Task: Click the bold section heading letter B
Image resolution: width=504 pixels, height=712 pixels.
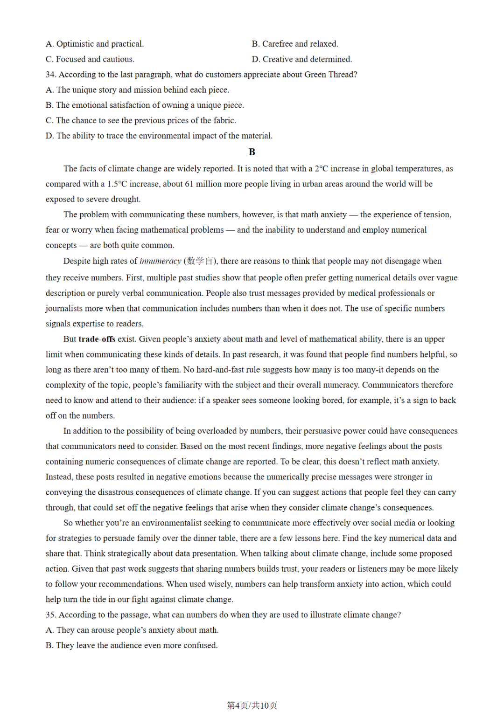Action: [x=252, y=152]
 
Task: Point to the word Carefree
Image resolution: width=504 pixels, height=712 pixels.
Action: [x=277, y=44]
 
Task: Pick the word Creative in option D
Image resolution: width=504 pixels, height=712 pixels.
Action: [x=278, y=59]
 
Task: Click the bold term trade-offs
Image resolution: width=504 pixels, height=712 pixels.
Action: [x=97, y=339]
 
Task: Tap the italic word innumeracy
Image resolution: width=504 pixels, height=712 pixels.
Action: [x=160, y=261]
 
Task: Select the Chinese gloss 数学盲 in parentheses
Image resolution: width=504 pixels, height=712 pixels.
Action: [x=200, y=261]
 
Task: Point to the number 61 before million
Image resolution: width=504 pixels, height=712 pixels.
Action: [x=189, y=184]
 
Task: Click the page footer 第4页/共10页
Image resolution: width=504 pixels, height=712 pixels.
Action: [x=252, y=705]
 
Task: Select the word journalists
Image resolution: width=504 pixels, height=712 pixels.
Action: [x=65, y=308]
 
